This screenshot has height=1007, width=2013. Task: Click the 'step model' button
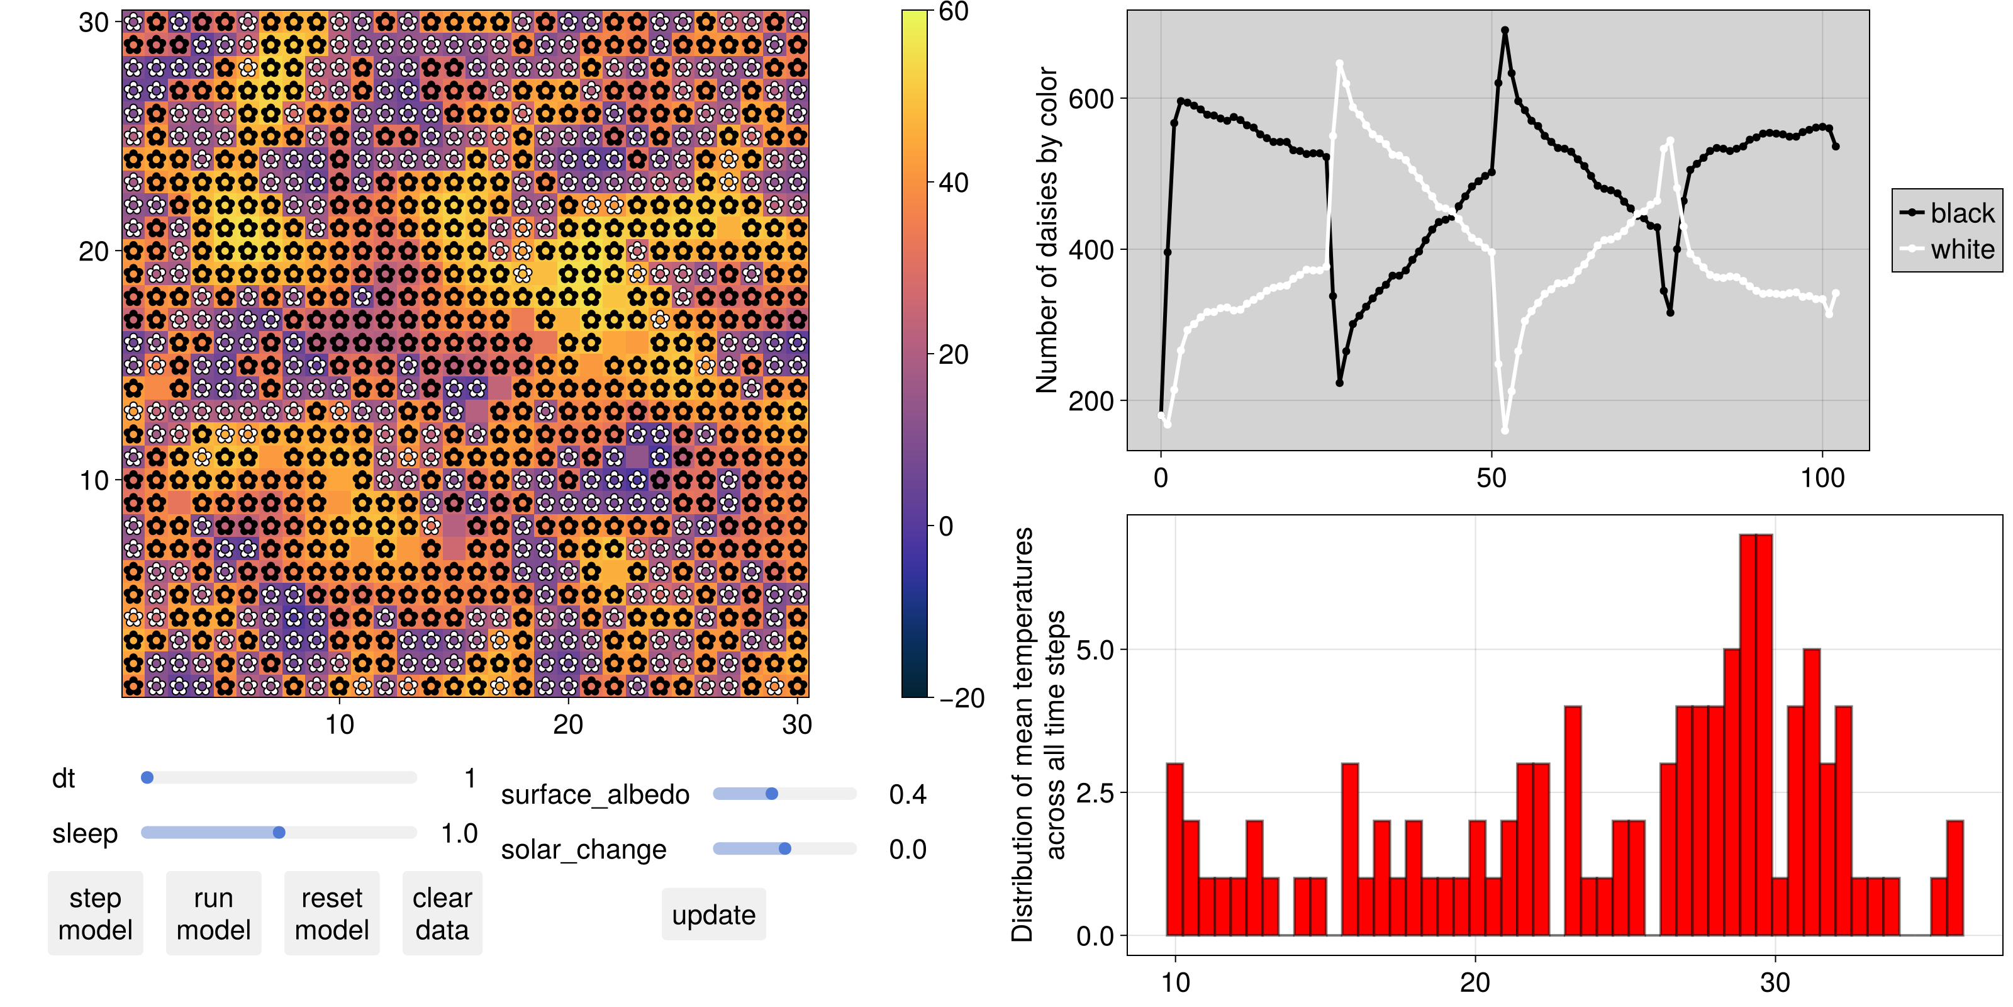[96, 913]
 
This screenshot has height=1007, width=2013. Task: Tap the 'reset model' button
[332, 913]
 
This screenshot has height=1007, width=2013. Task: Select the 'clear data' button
[442, 913]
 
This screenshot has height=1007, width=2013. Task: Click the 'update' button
[713, 914]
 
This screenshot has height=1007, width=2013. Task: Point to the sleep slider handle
[279, 833]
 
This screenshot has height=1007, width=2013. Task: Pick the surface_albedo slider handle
[772, 794]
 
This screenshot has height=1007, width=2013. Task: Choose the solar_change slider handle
[784, 849]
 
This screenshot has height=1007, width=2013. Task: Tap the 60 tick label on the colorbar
[954, 12]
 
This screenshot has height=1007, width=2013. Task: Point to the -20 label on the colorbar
[961, 698]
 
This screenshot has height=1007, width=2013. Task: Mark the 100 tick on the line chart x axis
[1822, 478]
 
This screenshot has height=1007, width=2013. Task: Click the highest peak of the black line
[1505, 30]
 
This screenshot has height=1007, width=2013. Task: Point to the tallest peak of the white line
[1339, 64]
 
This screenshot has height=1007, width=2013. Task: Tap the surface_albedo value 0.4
[907, 794]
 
